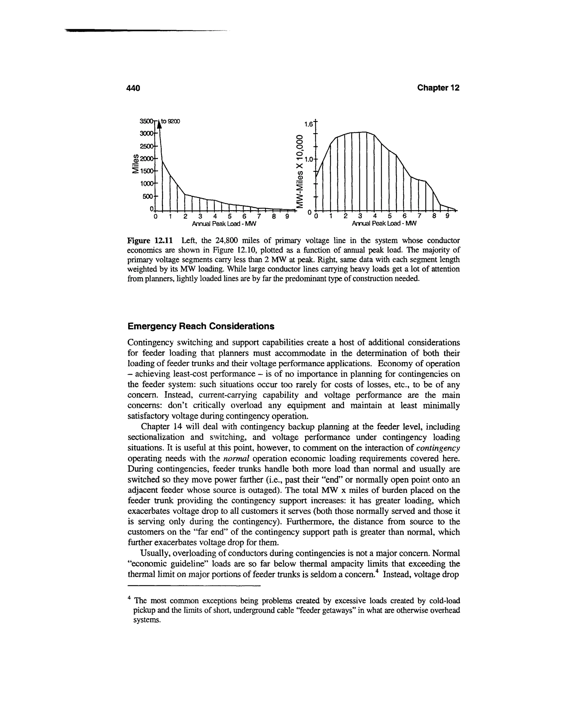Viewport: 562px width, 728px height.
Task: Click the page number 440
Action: [x=134, y=88]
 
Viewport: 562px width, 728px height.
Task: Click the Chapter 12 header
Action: [x=438, y=88]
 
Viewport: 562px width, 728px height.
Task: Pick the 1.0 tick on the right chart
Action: [x=309, y=159]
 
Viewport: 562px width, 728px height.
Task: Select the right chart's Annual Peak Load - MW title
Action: [x=384, y=224]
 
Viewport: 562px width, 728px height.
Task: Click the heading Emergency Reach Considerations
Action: [x=201, y=326]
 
